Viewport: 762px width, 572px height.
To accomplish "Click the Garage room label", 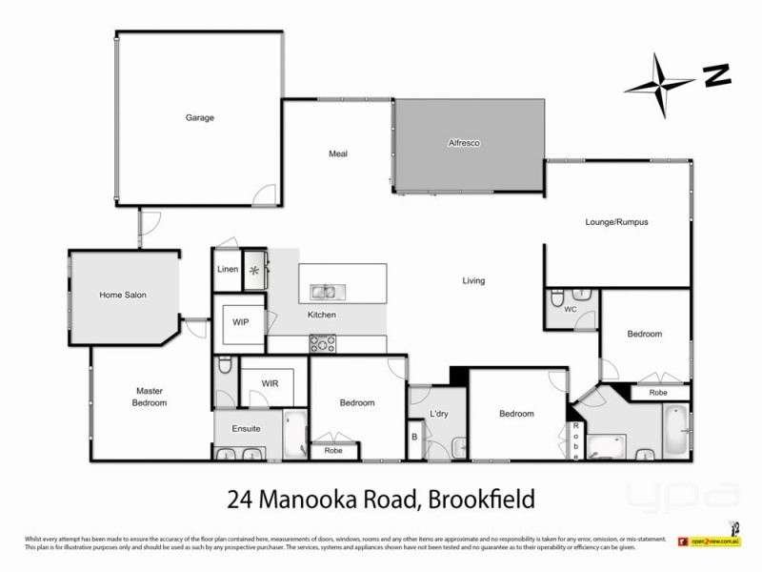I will (x=199, y=118).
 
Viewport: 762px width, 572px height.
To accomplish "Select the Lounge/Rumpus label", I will (x=616, y=222).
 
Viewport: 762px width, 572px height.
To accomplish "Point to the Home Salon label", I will (x=123, y=296).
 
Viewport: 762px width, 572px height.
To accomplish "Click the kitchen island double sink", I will (x=324, y=291).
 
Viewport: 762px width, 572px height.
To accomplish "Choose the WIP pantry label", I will (x=241, y=322).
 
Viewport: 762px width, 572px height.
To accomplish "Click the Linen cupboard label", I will (x=227, y=270).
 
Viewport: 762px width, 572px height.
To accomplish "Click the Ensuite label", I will (x=248, y=429).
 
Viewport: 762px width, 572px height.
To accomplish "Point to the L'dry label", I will (x=439, y=414).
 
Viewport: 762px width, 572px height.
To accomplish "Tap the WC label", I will (x=571, y=310).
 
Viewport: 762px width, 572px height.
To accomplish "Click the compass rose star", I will (x=658, y=86).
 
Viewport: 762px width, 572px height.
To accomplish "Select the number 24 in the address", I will (x=240, y=498).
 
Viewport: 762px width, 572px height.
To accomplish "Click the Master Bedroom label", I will (x=150, y=397).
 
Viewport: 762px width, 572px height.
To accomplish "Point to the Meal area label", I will (x=338, y=153).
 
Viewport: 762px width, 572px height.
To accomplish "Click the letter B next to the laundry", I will (x=414, y=437).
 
